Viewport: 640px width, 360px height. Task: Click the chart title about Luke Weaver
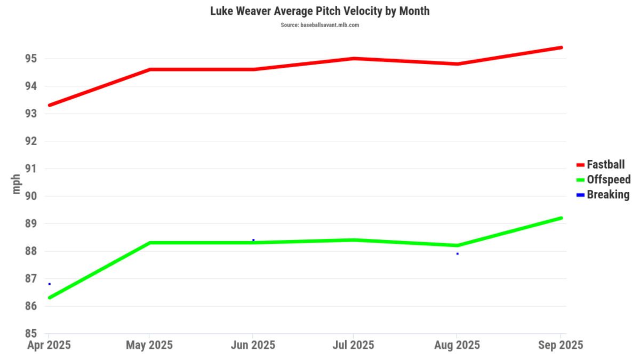[x=319, y=11]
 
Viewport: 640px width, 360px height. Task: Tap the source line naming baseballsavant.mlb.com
[x=319, y=25]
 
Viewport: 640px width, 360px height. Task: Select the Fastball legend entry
[x=605, y=164]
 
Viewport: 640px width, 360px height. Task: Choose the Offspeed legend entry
[x=608, y=179]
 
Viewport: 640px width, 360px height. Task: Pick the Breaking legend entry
[x=607, y=194]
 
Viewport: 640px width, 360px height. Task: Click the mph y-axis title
[x=17, y=184]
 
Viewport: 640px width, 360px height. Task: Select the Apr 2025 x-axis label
[x=49, y=345]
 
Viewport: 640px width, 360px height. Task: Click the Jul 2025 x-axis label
[x=353, y=345]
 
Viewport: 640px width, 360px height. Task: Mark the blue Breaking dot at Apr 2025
[x=50, y=284]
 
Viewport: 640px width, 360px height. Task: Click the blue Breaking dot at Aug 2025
[x=458, y=254]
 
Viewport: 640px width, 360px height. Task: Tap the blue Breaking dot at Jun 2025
[x=253, y=240]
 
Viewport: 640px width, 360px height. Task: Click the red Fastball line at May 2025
[x=150, y=69]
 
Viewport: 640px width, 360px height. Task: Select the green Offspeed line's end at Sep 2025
[x=561, y=218]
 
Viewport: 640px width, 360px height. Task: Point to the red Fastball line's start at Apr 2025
[x=50, y=105]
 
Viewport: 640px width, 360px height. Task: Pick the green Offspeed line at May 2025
[x=150, y=243]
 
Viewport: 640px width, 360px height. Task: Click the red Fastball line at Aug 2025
[x=458, y=64]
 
